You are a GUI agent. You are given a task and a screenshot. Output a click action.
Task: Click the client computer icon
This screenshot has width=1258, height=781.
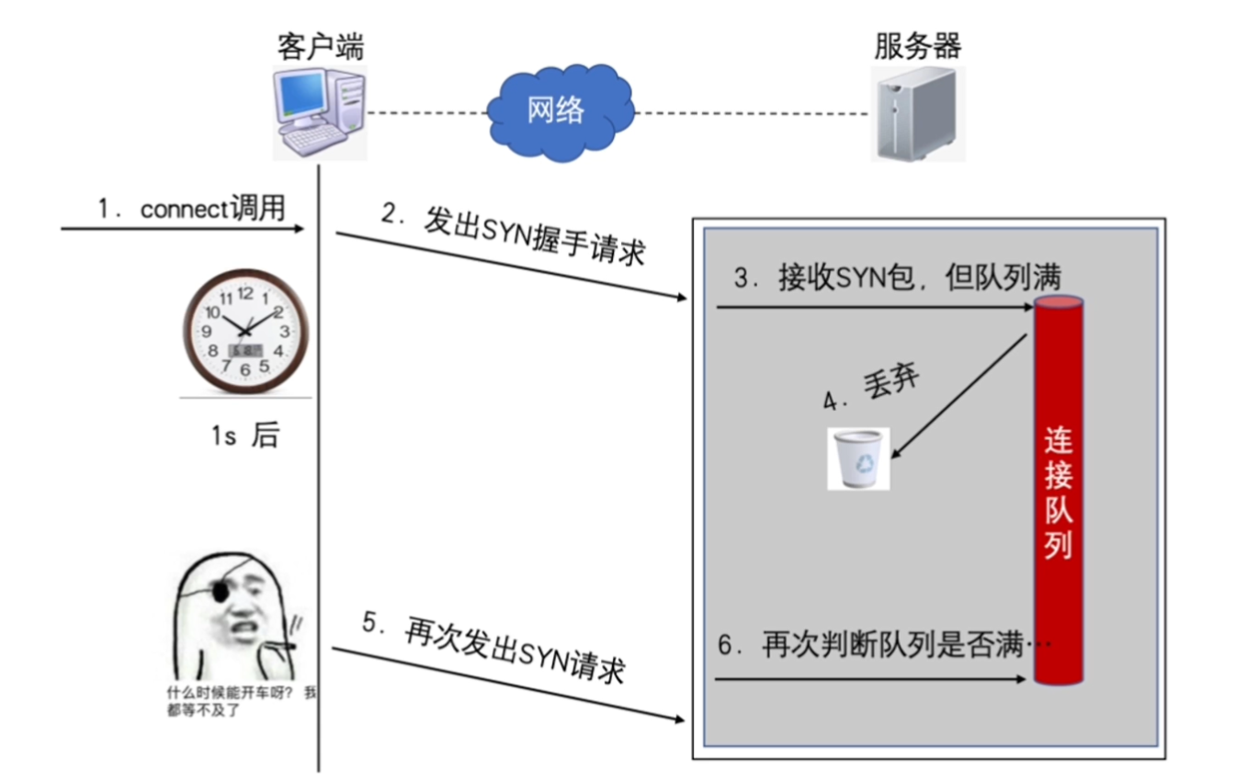pyautogui.click(x=320, y=114)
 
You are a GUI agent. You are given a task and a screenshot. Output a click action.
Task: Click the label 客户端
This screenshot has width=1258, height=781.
pyautogui.click(x=320, y=46)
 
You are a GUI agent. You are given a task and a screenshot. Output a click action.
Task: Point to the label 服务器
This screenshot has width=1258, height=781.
pyautogui.click(x=917, y=46)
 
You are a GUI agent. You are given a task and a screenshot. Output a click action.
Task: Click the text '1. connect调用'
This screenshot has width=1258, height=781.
pyautogui.click(x=191, y=209)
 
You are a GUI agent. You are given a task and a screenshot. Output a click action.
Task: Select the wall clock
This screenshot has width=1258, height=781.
pyautogui.click(x=245, y=330)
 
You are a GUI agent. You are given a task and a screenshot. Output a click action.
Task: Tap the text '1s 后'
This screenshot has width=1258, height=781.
pyautogui.click(x=244, y=435)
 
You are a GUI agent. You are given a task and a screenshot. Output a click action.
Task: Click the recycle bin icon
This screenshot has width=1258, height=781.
pyautogui.click(x=858, y=457)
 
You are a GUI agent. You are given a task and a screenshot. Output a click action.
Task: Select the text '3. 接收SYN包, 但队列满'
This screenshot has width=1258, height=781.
pyautogui.click(x=899, y=277)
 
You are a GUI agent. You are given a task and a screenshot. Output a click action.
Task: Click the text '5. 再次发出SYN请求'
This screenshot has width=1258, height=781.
pyautogui.click(x=493, y=648)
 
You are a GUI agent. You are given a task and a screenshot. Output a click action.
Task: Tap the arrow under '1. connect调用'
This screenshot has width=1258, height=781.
pyautogui.click(x=182, y=228)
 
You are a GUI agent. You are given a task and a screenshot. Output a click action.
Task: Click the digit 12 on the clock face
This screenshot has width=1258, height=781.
pyautogui.click(x=244, y=294)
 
